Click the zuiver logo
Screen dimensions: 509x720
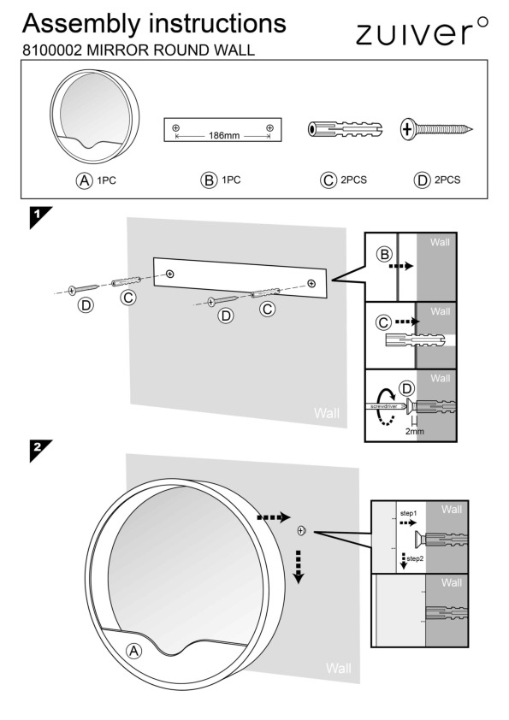tap(422, 32)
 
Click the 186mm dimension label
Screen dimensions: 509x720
tap(224, 136)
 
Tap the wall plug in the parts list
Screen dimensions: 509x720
tap(345, 129)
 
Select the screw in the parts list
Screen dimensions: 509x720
tap(436, 129)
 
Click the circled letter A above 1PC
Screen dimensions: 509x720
tap(84, 180)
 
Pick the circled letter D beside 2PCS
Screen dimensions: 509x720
tap(421, 180)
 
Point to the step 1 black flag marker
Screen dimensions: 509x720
tap(40, 217)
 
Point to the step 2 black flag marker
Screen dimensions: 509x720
tap(40, 451)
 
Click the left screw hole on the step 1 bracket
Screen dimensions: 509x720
tap(170, 274)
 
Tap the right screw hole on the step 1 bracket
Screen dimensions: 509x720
tap(311, 283)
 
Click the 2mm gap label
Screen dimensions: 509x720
tap(414, 431)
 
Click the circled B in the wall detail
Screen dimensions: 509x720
tap(384, 254)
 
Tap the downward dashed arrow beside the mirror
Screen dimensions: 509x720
tap(299, 567)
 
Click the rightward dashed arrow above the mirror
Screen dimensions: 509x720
tap(274, 517)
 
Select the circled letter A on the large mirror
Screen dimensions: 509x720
tap(133, 651)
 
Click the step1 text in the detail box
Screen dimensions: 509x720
tap(407, 513)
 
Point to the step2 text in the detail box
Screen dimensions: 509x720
tap(415, 558)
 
